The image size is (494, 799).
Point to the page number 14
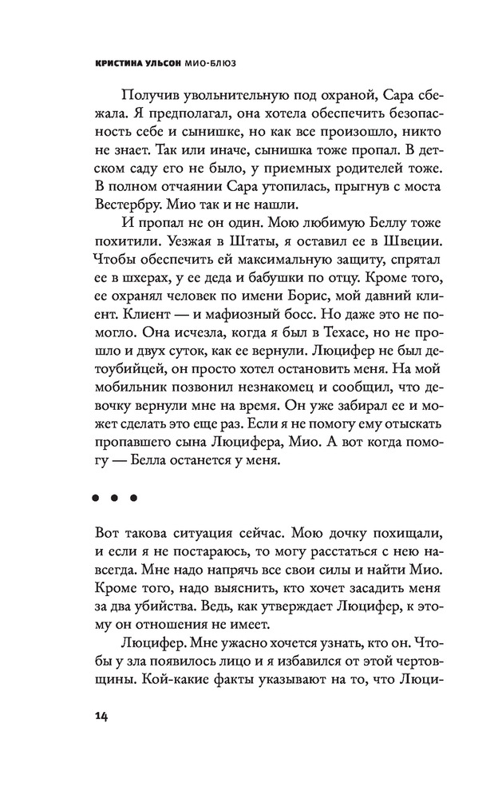pos(99,714)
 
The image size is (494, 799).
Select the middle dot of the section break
pos(116,499)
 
